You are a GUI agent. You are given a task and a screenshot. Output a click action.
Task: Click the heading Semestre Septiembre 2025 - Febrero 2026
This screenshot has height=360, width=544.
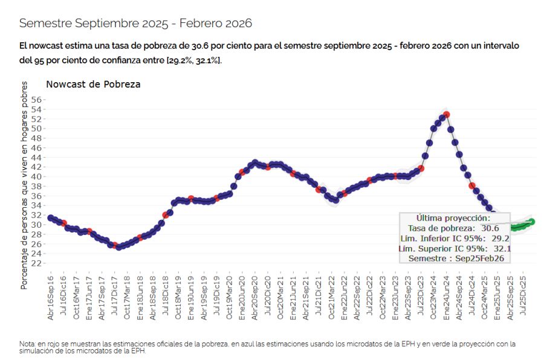(135, 23)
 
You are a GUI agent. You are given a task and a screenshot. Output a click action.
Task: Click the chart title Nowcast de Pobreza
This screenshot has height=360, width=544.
(93, 84)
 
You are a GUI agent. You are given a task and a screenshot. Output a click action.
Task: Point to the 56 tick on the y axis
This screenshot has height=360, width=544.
(37, 100)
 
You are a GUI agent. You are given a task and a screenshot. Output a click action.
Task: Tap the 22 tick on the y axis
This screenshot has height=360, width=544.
(37, 263)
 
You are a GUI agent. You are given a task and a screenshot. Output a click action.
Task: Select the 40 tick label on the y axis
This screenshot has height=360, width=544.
(37, 176)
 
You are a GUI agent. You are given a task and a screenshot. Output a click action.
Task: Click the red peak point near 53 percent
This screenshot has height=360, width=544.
(446, 114)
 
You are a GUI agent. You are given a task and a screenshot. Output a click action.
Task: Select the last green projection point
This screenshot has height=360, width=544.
(532, 222)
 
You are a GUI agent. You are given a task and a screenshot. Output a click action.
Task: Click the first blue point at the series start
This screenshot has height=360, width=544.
(51, 218)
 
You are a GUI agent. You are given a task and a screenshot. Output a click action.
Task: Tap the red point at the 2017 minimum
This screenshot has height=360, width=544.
(115, 245)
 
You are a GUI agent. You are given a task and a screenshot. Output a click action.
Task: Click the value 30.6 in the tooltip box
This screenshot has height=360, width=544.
(490, 228)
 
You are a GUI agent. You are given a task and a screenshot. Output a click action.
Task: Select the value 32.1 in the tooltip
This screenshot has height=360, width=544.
(502, 248)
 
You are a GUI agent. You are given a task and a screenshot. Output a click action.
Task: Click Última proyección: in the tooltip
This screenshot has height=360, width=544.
(454, 217)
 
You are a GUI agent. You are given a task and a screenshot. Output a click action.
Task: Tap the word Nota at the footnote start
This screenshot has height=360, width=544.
(27, 344)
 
